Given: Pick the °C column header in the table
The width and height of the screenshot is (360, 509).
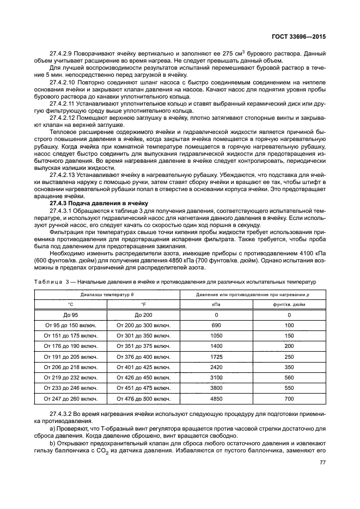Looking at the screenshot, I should click(70, 304).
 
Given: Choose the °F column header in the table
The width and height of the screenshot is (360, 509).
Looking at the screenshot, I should click(144, 304).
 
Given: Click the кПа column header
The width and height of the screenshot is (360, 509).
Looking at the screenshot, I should click(216, 304).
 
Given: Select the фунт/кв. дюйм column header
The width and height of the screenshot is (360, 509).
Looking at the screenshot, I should click(289, 304).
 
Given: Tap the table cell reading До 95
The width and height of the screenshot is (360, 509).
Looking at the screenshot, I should click(70, 315).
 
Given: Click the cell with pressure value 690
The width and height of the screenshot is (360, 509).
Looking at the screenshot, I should click(216, 325).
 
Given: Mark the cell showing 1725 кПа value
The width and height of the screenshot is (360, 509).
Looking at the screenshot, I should click(216, 357).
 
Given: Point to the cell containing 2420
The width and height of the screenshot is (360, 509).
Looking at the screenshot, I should click(216, 367).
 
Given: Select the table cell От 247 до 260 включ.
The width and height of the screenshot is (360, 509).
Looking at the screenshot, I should click(70, 398).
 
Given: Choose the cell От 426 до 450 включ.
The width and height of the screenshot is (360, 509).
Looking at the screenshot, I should click(144, 377).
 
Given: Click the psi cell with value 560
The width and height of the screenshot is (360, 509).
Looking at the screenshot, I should click(289, 377).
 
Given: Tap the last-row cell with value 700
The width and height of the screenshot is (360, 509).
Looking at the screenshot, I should click(289, 398).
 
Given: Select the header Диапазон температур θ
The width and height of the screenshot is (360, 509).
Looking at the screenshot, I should click(107, 295).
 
